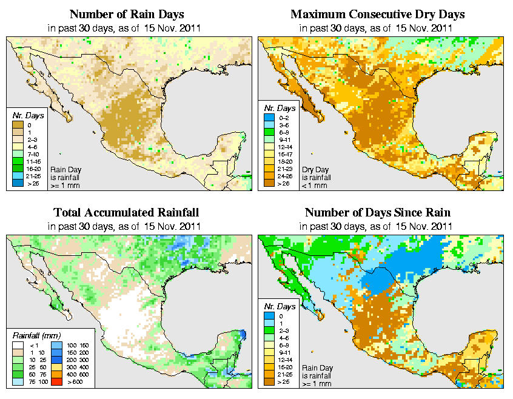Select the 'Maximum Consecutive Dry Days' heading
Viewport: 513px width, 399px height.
pyautogui.click(x=378, y=14)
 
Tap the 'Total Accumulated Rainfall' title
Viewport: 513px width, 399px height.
pyautogui.click(x=126, y=213)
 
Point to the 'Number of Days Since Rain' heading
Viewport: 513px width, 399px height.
pyautogui.click(x=378, y=213)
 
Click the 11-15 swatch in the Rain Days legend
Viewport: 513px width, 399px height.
pyautogui.click(x=19, y=161)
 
